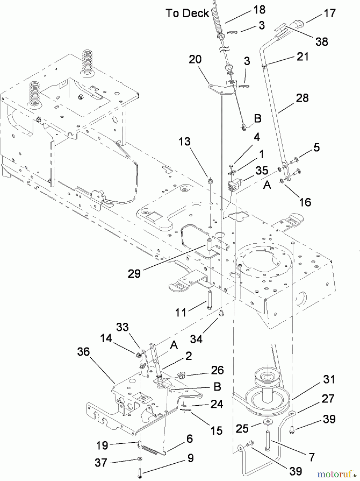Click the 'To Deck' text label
click(x=187, y=13)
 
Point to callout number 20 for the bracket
click(x=195, y=59)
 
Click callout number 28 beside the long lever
click(x=302, y=98)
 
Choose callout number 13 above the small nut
click(x=185, y=142)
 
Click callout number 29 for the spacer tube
click(x=134, y=273)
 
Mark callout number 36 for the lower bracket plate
click(x=83, y=352)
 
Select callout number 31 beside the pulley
click(x=329, y=379)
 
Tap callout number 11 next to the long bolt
click(x=181, y=312)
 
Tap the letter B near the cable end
click(x=257, y=118)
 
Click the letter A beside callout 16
click(x=267, y=185)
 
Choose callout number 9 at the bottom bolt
click(x=190, y=458)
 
